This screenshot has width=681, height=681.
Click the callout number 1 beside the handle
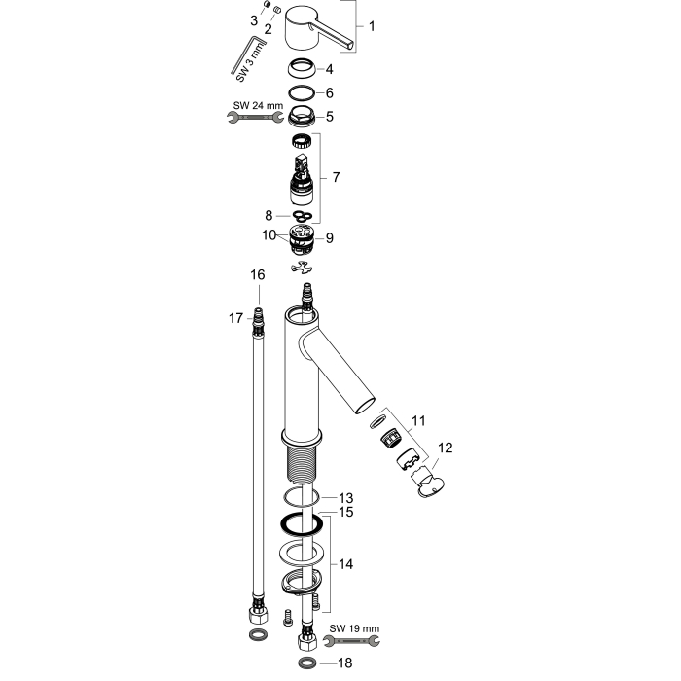(x=372, y=26)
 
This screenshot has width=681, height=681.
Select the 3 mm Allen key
(x=248, y=56)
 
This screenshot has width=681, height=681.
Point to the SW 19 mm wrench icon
(x=352, y=640)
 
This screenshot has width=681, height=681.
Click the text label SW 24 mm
(x=258, y=105)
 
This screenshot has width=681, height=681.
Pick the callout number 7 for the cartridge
(x=336, y=177)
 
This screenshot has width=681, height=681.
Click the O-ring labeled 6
(x=302, y=92)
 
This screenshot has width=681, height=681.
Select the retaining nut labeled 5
(x=302, y=116)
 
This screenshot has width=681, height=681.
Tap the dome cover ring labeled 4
(x=302, y=69)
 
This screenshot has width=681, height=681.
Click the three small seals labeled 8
(x=303, y=215)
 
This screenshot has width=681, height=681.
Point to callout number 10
(x=269, y=235)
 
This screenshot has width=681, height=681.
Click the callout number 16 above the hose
(x=257, y=274)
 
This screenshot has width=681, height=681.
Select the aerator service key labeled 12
(x=427, y=483)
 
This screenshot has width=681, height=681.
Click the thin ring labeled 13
(x=302, y=497)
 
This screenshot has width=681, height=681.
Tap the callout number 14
(x=345, y=564)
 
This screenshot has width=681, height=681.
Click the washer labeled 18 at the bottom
(x=308, y=663)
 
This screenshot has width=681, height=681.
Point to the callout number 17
(x=235, y=318)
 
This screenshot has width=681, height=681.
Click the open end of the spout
(x=365, y=405)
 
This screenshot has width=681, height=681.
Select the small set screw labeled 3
(x=268, y=5)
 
